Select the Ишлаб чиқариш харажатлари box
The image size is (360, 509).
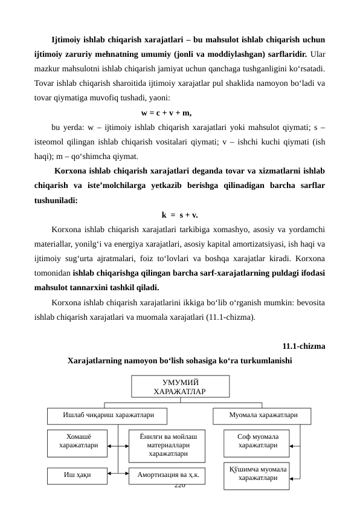108,416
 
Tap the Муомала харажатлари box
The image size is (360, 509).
263,416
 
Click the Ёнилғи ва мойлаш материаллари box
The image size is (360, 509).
167,445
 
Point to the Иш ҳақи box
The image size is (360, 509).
78,476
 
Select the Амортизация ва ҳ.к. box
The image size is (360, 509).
167,476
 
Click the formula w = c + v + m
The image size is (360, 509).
166,112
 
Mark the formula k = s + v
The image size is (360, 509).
180,215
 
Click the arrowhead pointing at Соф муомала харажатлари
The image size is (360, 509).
292,445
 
